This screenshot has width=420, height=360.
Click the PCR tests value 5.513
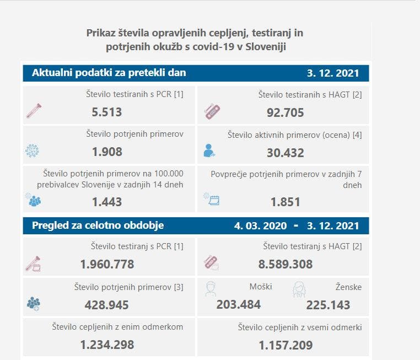coord(107,113)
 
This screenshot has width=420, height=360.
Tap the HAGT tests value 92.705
coord(285,114)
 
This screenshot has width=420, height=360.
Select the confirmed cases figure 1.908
coord(107,152)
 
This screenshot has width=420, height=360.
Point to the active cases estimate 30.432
coord(285,153)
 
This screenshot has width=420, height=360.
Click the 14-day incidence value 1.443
coord(107,202)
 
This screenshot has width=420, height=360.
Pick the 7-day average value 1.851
coord(285,202)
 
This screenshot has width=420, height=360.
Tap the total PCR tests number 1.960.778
coord(107,264)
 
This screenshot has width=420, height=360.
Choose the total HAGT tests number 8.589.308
coord(285,264)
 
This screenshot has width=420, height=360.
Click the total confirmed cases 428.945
coord(107,305)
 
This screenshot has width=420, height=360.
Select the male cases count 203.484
coord(239,305)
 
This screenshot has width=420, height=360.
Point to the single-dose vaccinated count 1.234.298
coord(107,345)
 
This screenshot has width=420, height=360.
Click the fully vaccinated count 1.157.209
coord(285,346)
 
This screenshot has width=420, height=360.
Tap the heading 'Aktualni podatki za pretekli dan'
coord(109,73)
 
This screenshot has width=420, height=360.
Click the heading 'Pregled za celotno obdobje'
coord(98,225)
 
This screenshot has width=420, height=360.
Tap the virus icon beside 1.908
coord(33,150)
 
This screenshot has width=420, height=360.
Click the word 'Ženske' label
coord(348,287)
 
